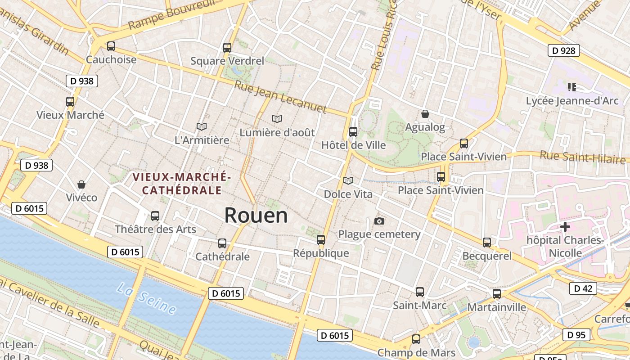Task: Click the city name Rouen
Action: pos(256,215)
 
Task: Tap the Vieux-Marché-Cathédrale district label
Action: pos(182,184)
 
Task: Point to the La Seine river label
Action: pos(146,298)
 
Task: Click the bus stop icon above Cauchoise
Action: pos(111,46)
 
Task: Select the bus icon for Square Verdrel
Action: pos(227,47)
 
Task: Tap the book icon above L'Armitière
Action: pos(202,127)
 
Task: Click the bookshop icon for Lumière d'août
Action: pos(277,119)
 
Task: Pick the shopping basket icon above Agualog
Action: pos(425,114)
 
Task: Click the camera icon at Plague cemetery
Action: pos(379,221)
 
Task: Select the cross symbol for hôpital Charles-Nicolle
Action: pos(565,227)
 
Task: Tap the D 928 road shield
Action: pos(563,50)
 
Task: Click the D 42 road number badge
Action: pos(583,288)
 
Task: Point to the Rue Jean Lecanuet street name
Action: pos(280,96)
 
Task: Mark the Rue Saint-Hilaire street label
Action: pos(582,157)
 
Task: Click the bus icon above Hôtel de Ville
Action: pos(353,131)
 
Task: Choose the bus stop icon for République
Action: pos(321,240)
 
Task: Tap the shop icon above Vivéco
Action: pos(81,184)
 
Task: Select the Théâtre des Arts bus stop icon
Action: pos(155,216)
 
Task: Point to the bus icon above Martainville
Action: pos(497,294)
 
